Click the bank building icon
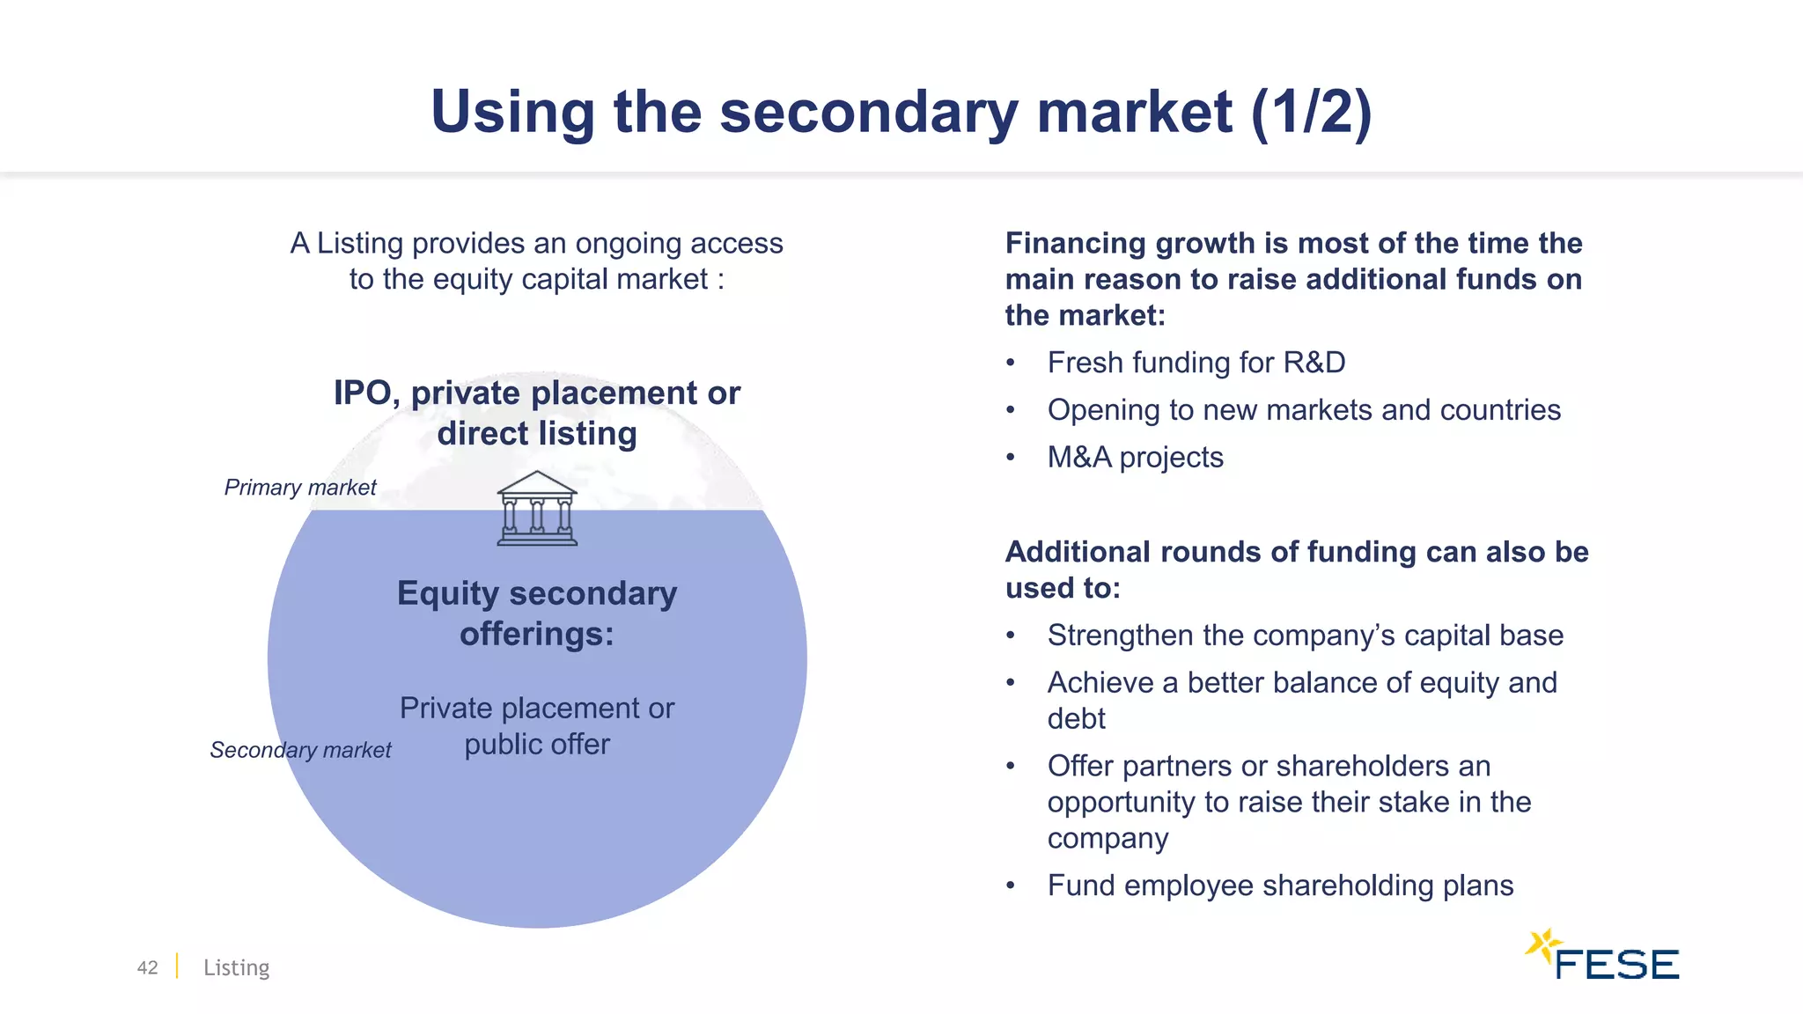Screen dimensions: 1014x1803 [537, 509]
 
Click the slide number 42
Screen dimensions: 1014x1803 [147, 967]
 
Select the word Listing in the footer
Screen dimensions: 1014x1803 [236, 967]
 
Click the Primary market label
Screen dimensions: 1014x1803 [300, 488]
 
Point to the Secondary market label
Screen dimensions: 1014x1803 [300, 750]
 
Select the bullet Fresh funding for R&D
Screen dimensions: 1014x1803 [1196, 363]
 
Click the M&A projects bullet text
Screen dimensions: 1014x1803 [1135, 458]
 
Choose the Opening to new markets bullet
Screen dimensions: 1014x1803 [1303, 410]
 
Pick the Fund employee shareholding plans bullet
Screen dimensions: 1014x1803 [1280, 885]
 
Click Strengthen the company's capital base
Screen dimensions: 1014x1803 [1305, 636]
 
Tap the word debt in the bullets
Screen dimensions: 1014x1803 [1076, 719]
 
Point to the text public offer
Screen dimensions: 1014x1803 [537, 745]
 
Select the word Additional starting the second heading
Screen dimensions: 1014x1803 [1078, 552]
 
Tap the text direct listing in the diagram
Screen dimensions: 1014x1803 [537, 434]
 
